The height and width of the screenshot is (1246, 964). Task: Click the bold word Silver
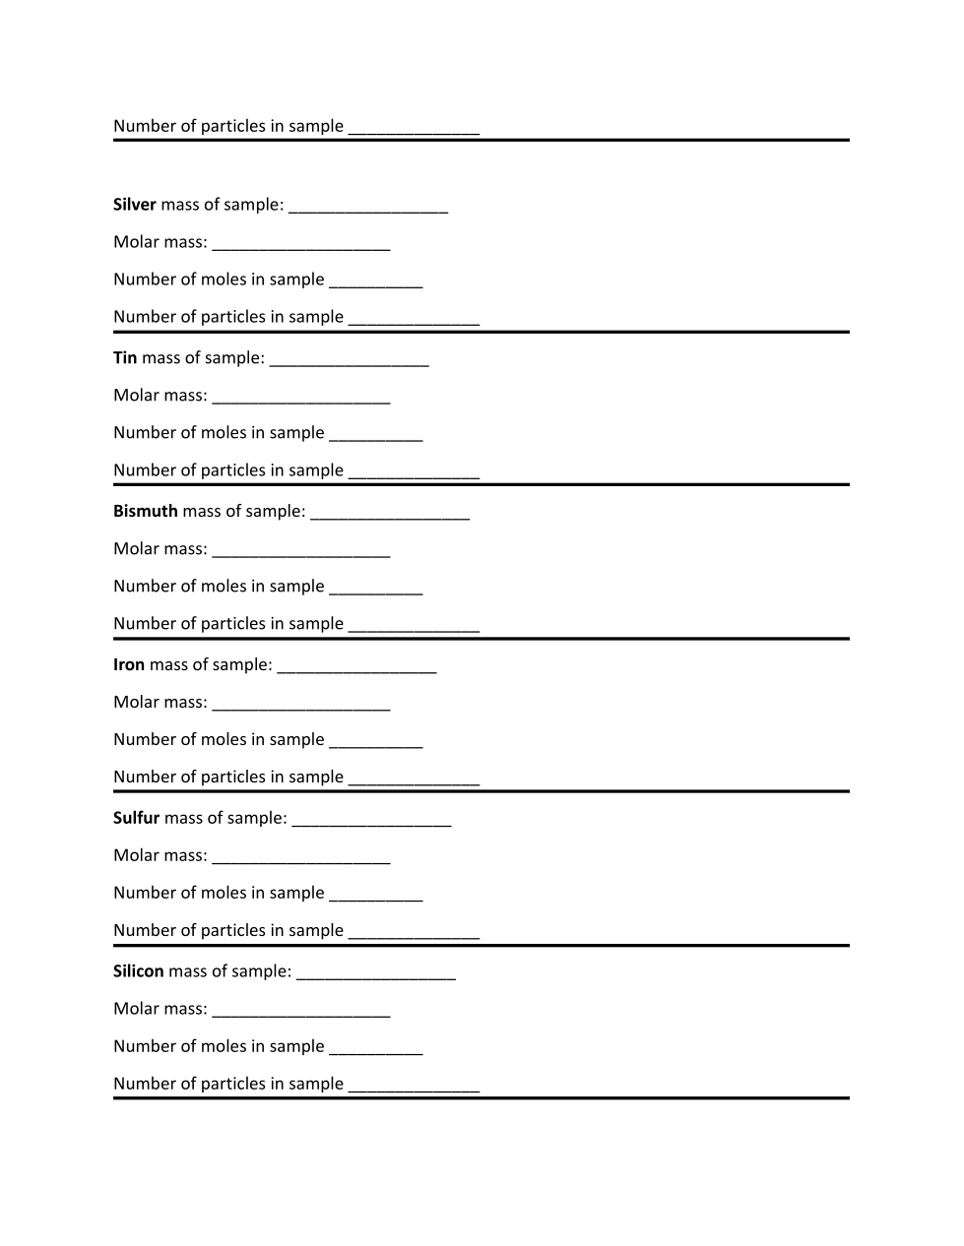click(x=134, y=205)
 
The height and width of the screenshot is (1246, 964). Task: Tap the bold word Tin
click(x=125, y=358)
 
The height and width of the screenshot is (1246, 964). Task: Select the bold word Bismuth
click(x=146, y=512)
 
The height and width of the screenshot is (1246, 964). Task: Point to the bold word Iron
click(x=129, y=665)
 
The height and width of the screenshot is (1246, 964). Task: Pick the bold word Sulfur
click(x=136, y=819)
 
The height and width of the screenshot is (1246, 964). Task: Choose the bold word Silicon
click(x=139, y=972)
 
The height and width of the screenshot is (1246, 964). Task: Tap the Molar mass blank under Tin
click(x=300, y=398)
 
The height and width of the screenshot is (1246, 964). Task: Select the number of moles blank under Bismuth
click(x=375, y=589)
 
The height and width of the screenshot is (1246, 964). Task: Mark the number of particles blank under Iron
click(x=414, y=779)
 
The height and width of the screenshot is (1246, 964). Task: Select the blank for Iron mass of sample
click(x=356, y=667)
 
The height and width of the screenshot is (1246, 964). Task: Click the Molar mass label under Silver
click(x=160, y=242)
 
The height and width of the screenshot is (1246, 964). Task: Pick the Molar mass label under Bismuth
click(x=160, y=549)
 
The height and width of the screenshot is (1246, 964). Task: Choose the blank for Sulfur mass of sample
click(x=371, y=821)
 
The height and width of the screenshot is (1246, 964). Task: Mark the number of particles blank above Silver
click(x=414, y=128)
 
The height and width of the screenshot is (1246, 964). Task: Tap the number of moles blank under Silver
click(x=375, y=281)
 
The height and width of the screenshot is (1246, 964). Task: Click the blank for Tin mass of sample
click(x=349, y=360)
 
